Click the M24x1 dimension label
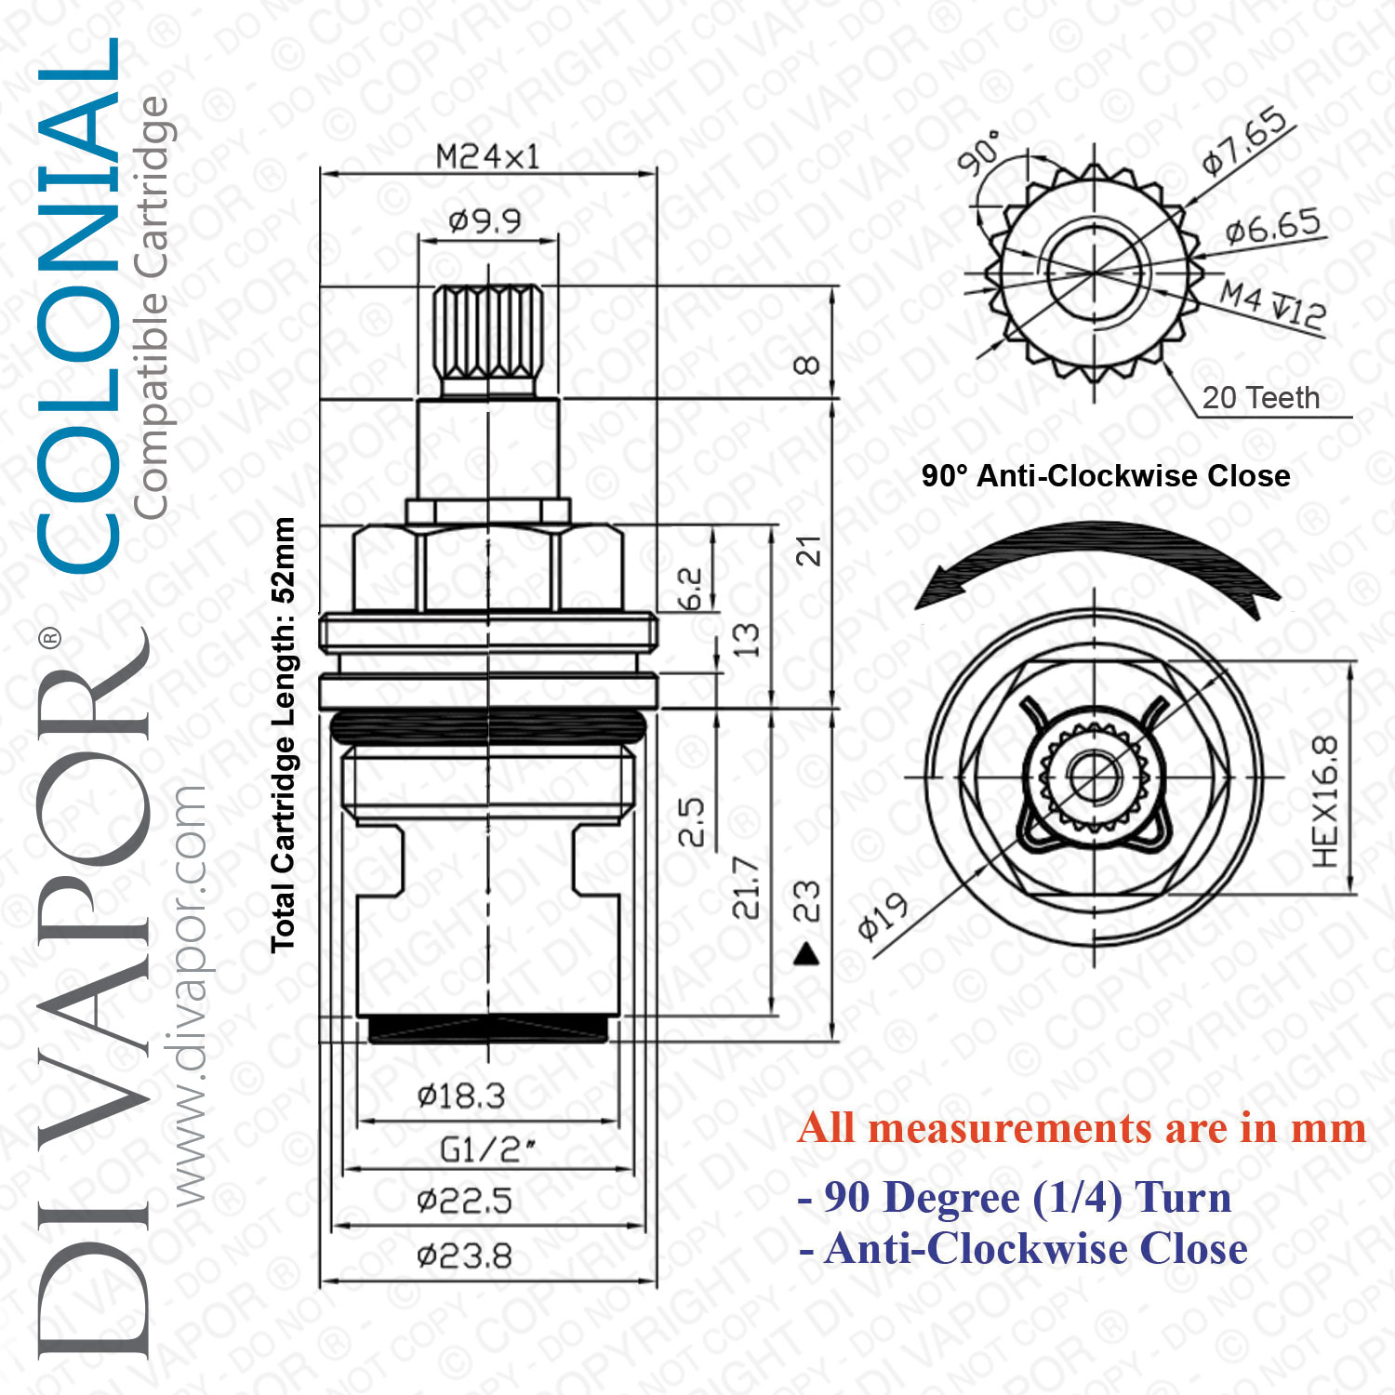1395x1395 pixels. (x=488, y=156)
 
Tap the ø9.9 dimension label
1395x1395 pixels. (x=485, y=220)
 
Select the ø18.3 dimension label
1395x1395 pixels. (x=461, y=1096)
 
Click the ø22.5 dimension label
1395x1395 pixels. (x=465, y=1201)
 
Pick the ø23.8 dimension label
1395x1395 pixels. (x=465, y=1256)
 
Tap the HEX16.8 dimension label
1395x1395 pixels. (x=1325, y=802)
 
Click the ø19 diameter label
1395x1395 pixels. (x=883, y=917)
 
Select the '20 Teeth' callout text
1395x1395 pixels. (x=1261, y=398)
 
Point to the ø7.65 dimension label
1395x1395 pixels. (x=1245, y=142)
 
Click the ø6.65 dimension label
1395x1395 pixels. (x=1273, y=226)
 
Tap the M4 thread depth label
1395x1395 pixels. (x=1273, y=304)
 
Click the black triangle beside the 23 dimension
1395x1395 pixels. (x=807, y=953)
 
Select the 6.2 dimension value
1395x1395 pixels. (x=690, y=589)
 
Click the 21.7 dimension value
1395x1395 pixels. (x=746, y=888)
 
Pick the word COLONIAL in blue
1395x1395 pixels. (x=78, y=304)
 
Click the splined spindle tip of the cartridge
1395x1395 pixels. (x=488, y=341)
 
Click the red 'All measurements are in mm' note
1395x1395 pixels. (x=1082, y=1128)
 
